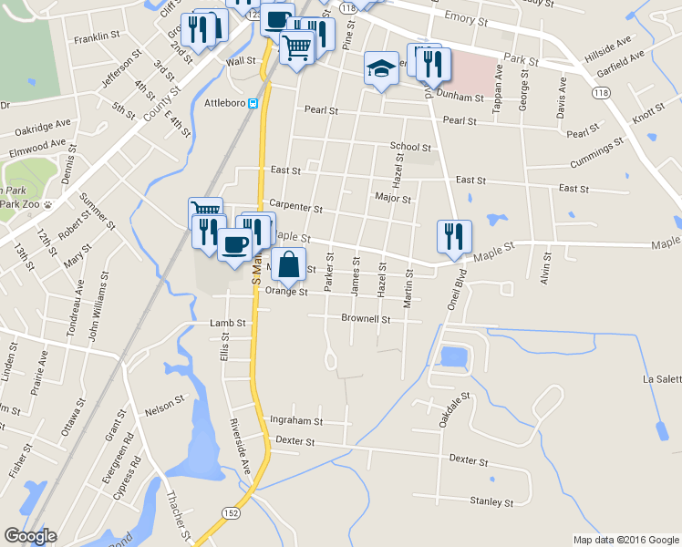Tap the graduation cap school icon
[381, 69]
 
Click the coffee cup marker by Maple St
[235, 244]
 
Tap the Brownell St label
[366, 319]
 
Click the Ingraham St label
[296, 421]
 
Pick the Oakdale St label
[454, 410]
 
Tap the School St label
[410, 146]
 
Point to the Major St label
[393, 197]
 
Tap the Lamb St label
[228, 323]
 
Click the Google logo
[30, 536]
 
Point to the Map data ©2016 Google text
[625, 540]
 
